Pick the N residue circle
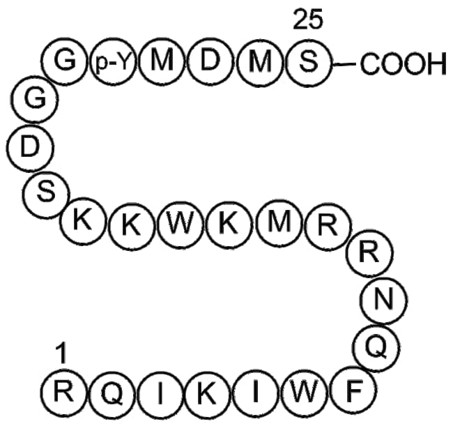click(381, 300)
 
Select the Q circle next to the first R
click(112, 394)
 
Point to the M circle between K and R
click(278, 224)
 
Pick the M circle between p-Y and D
click(161, 63)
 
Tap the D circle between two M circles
click(210, 63)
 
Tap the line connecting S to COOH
click(344, 65)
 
